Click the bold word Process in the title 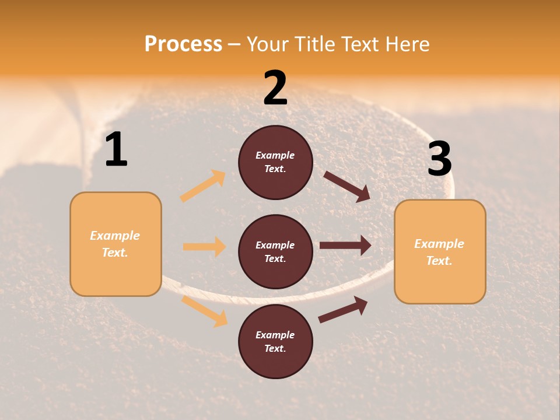pyautogui.click(x=183, y=44)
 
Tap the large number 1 pyautogui.click(x=116, y=150)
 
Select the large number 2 pyautogui.click(x=275, y=88)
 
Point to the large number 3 pyautogui.click(x=439, y=159)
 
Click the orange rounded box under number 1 pyautogui.click(x=116, y=244)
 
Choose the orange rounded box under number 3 pyautogui.click(x=440, y=251)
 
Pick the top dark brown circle pyautogui.click(x=275, y=162)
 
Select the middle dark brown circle pyautogui.click(x=275, y=251)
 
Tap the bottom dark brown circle pyautogui.click(x=275, y=341)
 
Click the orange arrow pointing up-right pyautogui.click(x=203, y=186)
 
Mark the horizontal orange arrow pyautogui.click(x=204, y=247)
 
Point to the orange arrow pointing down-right pyautogui.click(x=204, y=311)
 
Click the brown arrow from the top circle pyautogui.click(x=347, y=186)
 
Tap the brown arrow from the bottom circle pyautogui.click(x=343, y=310)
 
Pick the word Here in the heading pyautogui.click(x=408, y=44)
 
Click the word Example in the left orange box pyautogui.click(x=115, y=236)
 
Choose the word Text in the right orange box pyautogui.click(x=439, y=261)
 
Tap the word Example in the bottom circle pyautogui.click(x=275, y=335)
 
